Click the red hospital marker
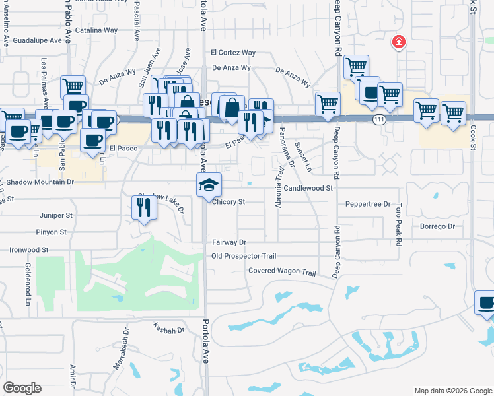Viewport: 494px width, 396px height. tap(398, 43)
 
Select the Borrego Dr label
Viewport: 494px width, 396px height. tap(438, 226)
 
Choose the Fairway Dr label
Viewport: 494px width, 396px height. tap(229, 242)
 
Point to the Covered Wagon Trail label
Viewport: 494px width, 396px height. tap(283, 271)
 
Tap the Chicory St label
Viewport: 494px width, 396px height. tap(229, 202)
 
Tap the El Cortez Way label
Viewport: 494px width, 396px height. tap(232, 53)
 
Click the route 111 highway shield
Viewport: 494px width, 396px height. tap(378, 119)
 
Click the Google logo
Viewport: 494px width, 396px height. tap(22, 388)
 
